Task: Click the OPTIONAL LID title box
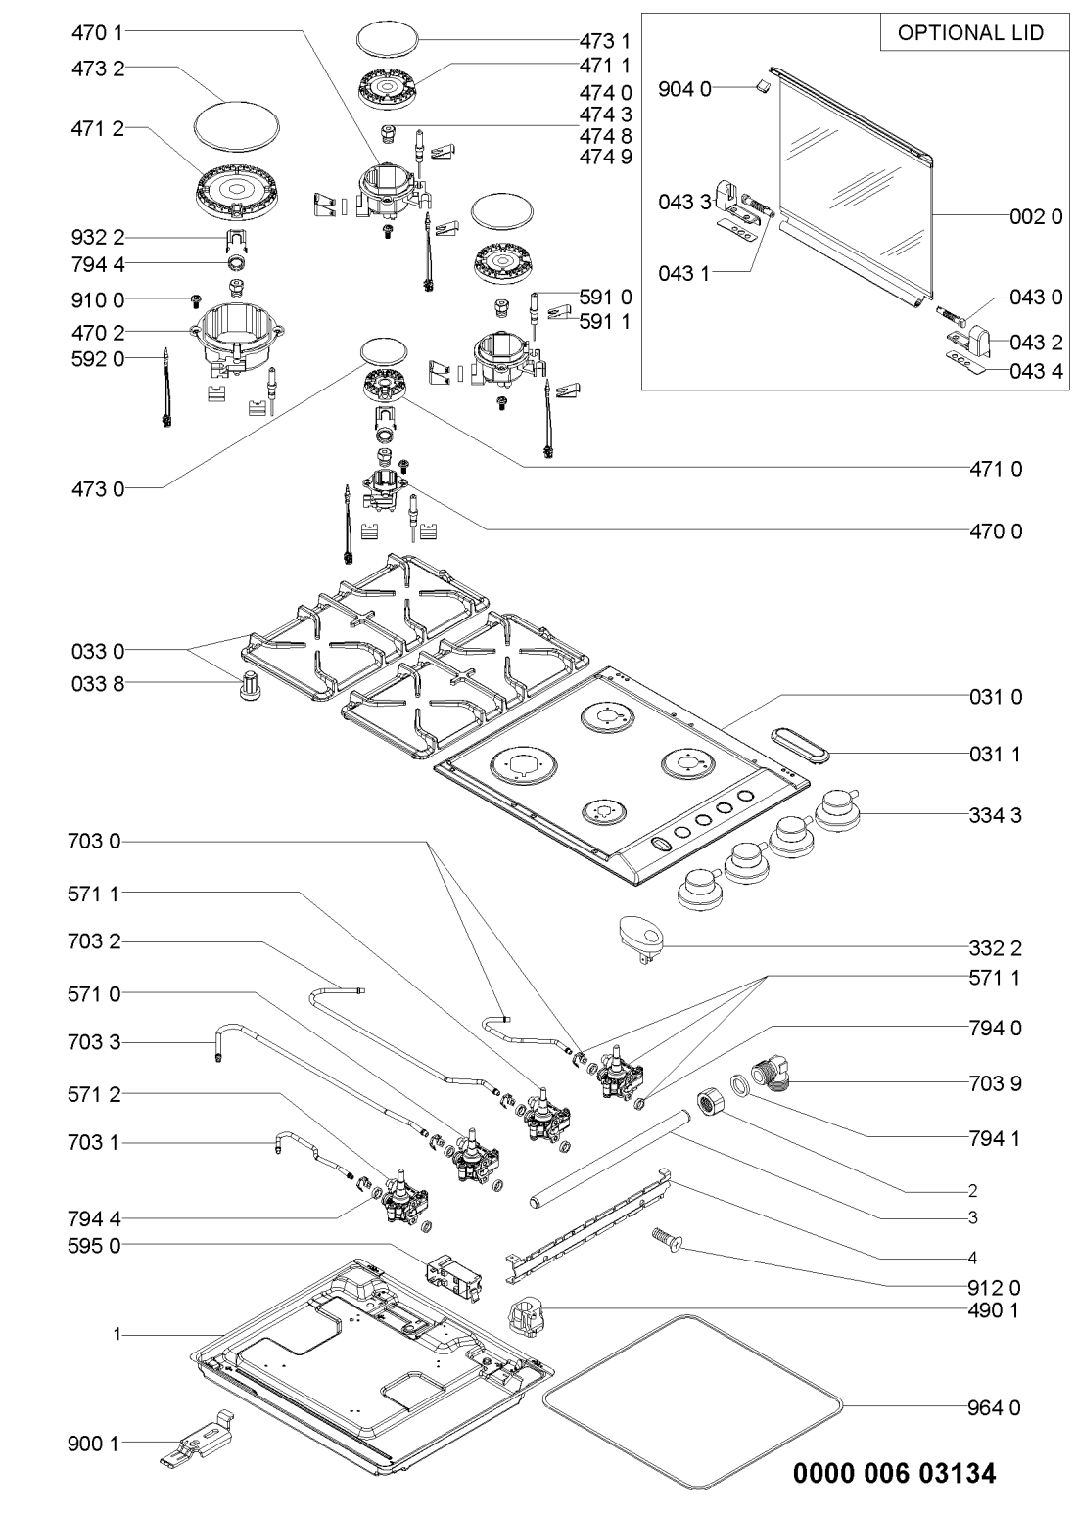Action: (970, 33)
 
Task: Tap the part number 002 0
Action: (1035, 217)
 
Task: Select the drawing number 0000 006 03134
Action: (895, 1473)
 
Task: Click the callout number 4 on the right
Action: (972, 1257)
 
